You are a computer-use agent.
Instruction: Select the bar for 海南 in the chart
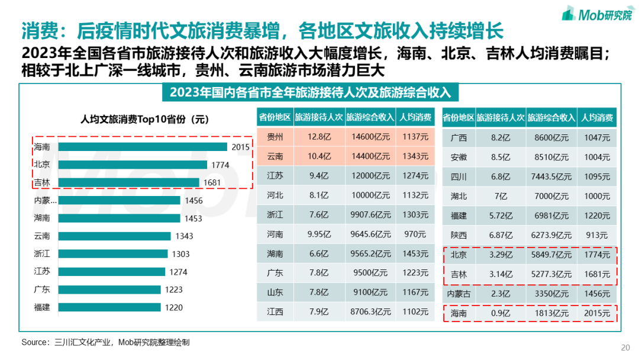pyautogui.click(x=143, y=147)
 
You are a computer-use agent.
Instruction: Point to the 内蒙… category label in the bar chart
pyautogui.click(x=46, y=200)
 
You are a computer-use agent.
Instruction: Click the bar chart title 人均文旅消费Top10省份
pyautogui.click(x=145, y=119)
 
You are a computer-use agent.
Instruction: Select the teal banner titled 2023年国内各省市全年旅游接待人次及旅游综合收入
pyautogui.click(x=310, y=93)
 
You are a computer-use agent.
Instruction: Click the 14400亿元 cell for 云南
pyautogui.click(x=371, y=156)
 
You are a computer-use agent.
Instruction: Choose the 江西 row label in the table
pyautogui.click(x=275, y=312)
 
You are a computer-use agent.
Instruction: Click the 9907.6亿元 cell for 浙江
pyautogui.click(x=371, y=215)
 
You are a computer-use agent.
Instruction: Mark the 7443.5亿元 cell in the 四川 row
pyautogui.click(x=551, y=177)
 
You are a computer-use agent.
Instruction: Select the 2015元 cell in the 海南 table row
pyautogui.click(x=597, y=313)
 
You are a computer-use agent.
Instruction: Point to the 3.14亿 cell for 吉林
pyautogui.click(x=501, y=274)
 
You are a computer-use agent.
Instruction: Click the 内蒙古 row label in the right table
pyautogui.click(x=459, y=294)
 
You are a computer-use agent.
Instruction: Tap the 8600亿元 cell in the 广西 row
pyautogui.click(x=551, y=138)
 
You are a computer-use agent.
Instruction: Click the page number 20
pyautogui.click(x=625, y=347)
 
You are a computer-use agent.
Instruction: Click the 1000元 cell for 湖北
pyautogui.click(x=597, y=197)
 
